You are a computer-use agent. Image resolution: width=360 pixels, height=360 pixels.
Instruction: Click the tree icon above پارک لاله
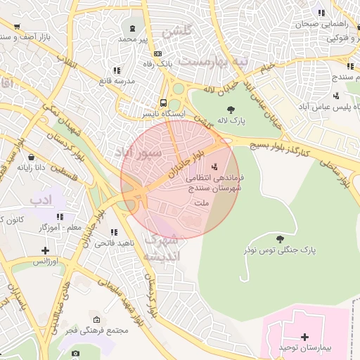(x=231, y=109)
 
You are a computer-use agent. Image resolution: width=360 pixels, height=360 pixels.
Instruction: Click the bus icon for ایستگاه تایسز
(x=163, y=103)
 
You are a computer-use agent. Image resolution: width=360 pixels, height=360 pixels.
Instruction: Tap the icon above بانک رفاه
(x=158, y=53)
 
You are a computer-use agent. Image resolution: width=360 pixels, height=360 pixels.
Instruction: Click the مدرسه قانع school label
(x=116, y=81)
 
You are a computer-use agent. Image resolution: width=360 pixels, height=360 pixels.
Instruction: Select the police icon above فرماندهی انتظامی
(x=214, y=167)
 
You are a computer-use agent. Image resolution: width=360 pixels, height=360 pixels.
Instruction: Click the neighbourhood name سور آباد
(x=139, y=152)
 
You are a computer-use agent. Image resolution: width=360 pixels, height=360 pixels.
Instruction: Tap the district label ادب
(x=41, y=200)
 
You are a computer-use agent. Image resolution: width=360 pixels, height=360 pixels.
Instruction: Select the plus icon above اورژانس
(x=46, y=250)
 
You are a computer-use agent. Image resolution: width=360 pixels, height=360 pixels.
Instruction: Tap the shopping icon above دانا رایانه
(x=31, y=157)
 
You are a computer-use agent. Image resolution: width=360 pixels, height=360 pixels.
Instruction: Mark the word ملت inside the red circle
(x=202, y=203)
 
